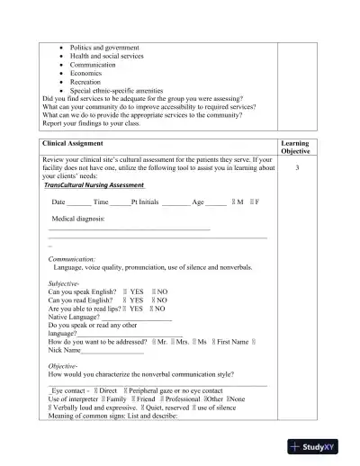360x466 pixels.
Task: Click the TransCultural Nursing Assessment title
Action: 94,184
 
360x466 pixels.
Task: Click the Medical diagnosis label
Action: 78,219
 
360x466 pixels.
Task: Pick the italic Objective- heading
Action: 63,367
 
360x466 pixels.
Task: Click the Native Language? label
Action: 75,317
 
